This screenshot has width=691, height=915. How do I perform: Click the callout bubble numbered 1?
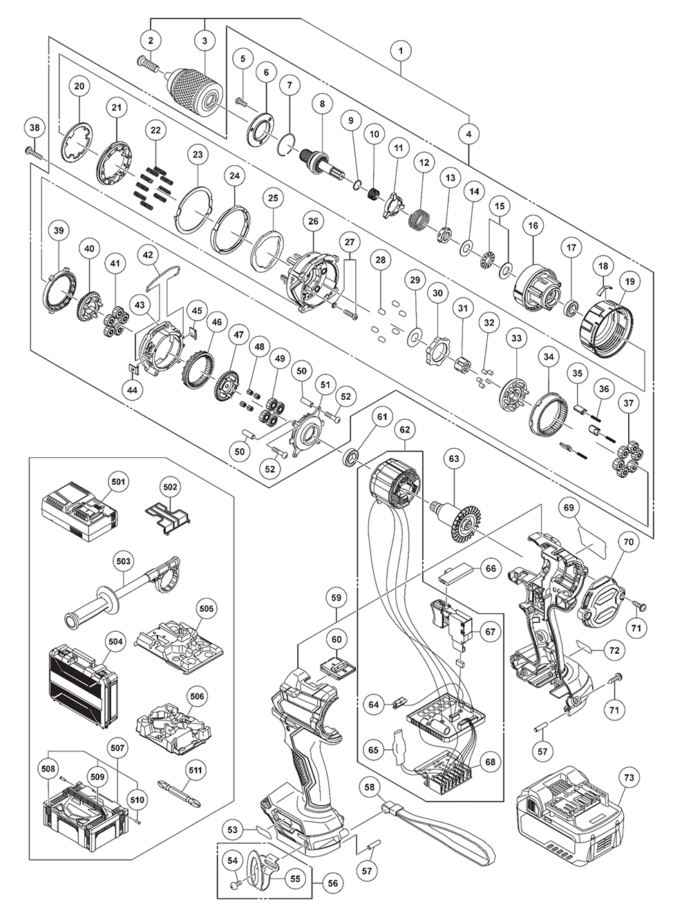click(400, 50)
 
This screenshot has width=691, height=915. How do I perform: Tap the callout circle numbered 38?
click(35, 127)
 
